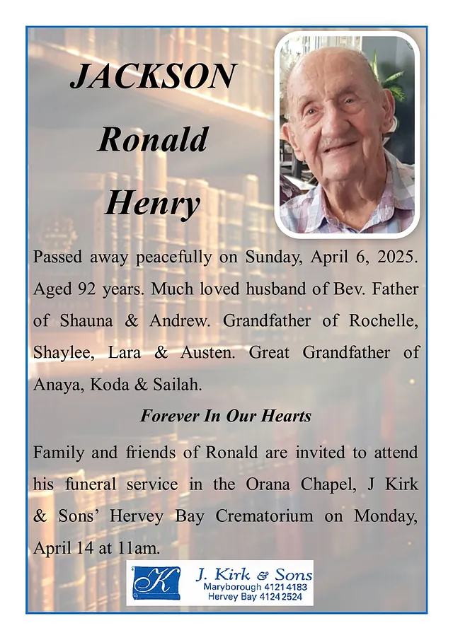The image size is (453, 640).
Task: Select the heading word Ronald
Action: tap(152, 139)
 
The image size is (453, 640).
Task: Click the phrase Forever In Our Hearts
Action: tap(226, 416)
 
